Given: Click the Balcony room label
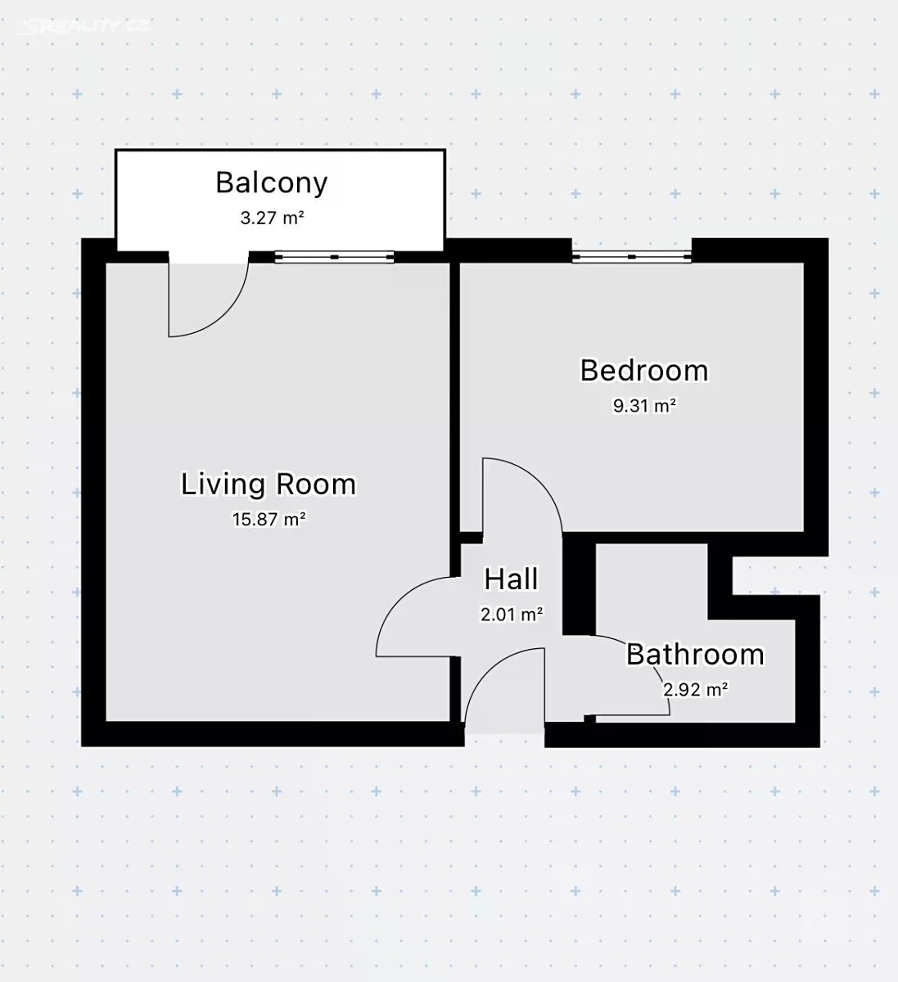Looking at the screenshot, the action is click(x=272, y=183).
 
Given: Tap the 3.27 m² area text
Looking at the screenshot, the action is click(x=272, y=218).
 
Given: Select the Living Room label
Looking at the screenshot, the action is click(x=268, y=484).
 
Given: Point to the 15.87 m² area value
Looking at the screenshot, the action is click(x=269, y=519).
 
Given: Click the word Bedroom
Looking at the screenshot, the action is click(x=644, y=371).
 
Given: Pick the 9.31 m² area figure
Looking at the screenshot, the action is click(x=645, y=405).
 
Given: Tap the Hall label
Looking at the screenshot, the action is click(x=511, y=579).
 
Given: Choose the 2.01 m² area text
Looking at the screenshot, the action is click(x=512, y=615).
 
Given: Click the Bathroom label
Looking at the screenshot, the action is click(x=695, y=655).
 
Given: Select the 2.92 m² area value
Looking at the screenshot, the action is click(x=695, y=690).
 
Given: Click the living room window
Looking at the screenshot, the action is click(x=335, y=257).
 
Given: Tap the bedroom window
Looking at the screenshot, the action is click(x=632, y=256).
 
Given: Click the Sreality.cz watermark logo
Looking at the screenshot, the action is click(x=83, y=26).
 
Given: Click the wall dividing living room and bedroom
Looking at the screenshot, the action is click(x=455, y=397).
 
